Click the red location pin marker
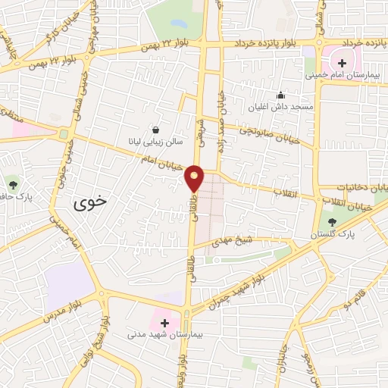click(x=196, y=178)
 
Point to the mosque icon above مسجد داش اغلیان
click(x=281, y=95)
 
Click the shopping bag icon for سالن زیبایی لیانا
click(x=155, y=130)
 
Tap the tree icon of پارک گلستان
click(x=334, y=221)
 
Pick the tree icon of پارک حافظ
click(x=13, y=183)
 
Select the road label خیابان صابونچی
click(x=269, y=133)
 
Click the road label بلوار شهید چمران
click(x=247, y=280)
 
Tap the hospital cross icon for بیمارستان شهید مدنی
click(x=164, y=322)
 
